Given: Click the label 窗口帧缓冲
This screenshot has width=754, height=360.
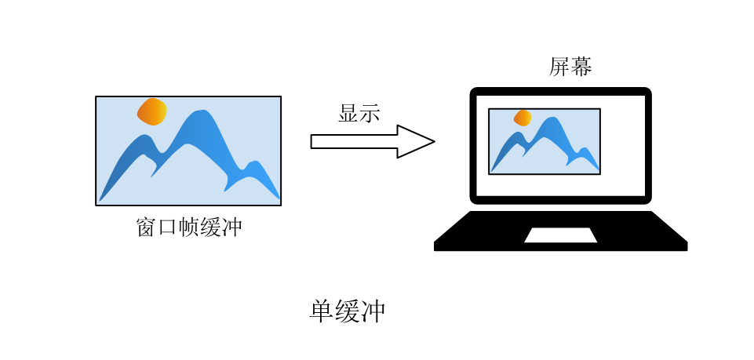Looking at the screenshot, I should (x=188, y=227).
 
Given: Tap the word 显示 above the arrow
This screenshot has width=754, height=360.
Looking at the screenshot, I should (x=359, y=113).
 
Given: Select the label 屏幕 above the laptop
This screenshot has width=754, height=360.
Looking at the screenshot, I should (x=570, y=67).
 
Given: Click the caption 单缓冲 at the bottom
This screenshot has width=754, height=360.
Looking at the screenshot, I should (x=348, y=311).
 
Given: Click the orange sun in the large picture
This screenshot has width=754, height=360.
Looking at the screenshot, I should (x=152, y=111).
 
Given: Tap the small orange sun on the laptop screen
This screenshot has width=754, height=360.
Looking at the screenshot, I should (x=523, y=118).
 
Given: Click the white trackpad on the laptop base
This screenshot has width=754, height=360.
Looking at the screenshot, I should (x=560, y=235).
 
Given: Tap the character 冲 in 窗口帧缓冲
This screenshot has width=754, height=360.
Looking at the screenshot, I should (x=231, y=227).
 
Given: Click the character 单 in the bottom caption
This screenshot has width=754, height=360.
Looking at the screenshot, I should (x=322, y=311).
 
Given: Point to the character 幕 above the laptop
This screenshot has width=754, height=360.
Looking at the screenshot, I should (x=581, y=67).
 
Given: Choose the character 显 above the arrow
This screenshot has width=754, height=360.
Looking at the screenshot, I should (x=348, y=113).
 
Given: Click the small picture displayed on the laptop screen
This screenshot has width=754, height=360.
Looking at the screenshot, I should (x=544, y=141).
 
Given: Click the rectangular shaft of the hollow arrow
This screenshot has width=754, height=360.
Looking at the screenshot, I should (x=353, y=141).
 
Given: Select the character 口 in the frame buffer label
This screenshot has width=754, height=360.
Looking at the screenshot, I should (x=167, y=228).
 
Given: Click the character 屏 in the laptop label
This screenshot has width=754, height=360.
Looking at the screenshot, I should (x=559, y=67).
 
